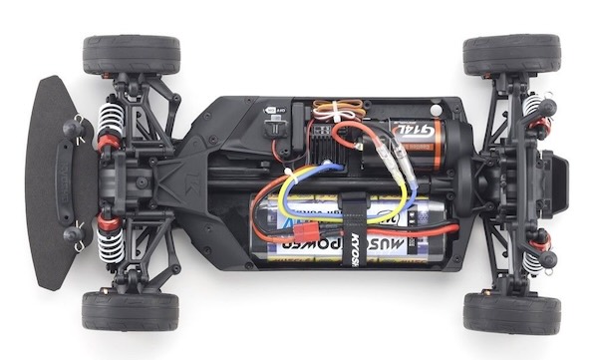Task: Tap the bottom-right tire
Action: click(x=511, y=312)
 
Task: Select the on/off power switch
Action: click(x=273, y=128)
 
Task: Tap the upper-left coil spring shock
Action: click(x=109, y=125)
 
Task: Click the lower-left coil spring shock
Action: click(x=109, y=236)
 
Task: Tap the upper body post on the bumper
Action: click(x=73, y=129)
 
